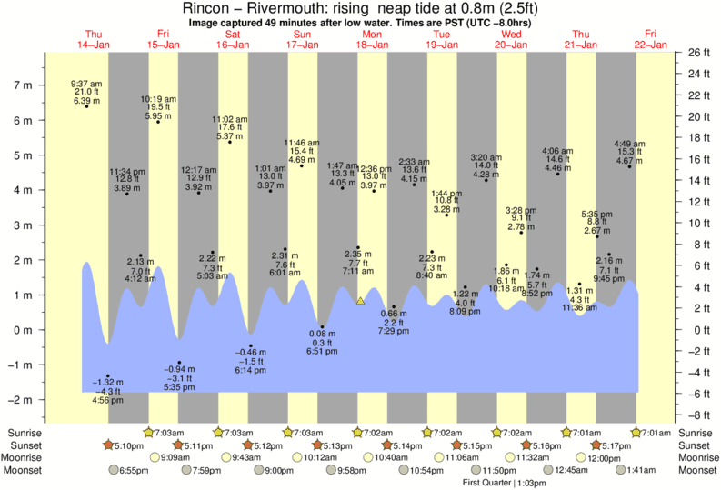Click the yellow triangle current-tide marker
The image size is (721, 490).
(361, 300)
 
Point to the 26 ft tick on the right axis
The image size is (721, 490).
(698, 53)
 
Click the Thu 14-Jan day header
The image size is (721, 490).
(92, 39)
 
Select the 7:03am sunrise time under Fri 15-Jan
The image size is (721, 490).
(166, 433)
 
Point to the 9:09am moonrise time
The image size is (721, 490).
(177, 458)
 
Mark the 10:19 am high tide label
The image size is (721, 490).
(158, 100)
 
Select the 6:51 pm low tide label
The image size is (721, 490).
(322, 351)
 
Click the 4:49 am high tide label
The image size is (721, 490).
(629, 143)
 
